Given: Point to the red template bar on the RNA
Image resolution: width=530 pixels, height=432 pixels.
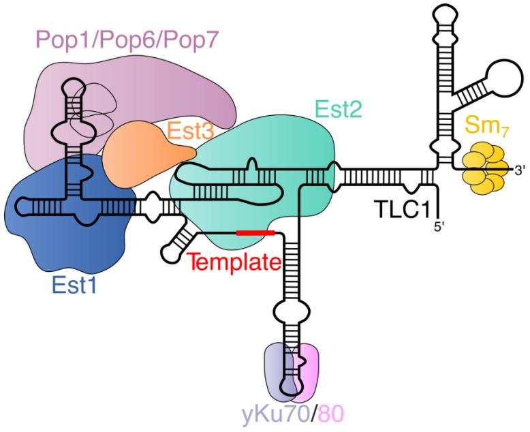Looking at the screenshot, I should tap(255, 233).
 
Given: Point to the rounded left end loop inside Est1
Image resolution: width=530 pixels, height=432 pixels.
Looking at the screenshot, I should tap(22, 204).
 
